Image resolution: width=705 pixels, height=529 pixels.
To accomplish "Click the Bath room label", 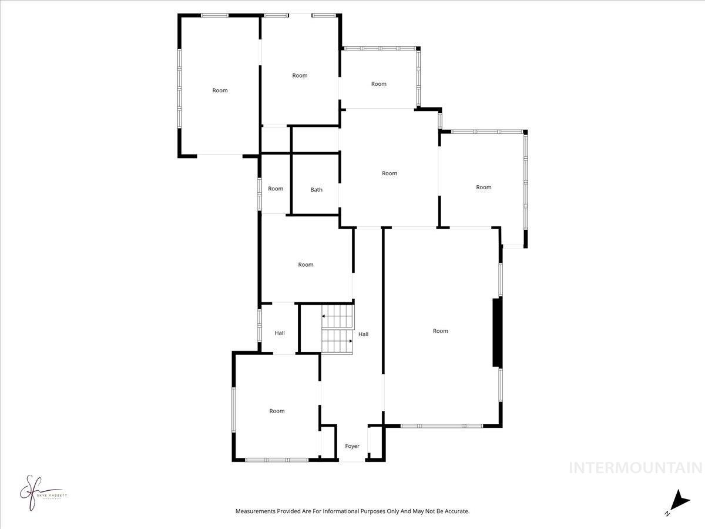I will tap(316, 190).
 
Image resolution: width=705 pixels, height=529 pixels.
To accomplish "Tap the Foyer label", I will tap(352, 446).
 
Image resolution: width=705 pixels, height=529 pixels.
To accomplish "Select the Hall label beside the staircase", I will tap(364, 334).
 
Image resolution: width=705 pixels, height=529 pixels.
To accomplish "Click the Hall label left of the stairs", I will tap(280, 333).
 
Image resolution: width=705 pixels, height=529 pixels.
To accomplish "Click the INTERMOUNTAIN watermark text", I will tap(636, 468).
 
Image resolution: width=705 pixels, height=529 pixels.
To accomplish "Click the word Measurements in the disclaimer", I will tap(256, 511).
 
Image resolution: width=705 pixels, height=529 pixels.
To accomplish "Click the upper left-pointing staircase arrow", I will tap(324, 316).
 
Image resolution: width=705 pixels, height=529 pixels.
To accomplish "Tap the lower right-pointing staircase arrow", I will tap(350, 341).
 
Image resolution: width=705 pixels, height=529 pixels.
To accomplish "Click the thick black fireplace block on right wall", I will tap(498, 333).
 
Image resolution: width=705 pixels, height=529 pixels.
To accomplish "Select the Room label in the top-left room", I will tap(220, 91).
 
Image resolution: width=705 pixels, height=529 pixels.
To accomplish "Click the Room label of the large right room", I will tap(441, 331).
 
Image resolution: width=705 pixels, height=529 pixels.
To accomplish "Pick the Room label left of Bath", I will tap(276, 189).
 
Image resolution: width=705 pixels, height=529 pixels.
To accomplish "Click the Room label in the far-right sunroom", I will tap(484, 188).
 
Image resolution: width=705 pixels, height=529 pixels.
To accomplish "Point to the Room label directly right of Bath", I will tap(390, 173).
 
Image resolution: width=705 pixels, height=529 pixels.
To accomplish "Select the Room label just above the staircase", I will tap(305, 264).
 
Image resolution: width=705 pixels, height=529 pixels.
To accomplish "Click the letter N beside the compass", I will tap(667, 514).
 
